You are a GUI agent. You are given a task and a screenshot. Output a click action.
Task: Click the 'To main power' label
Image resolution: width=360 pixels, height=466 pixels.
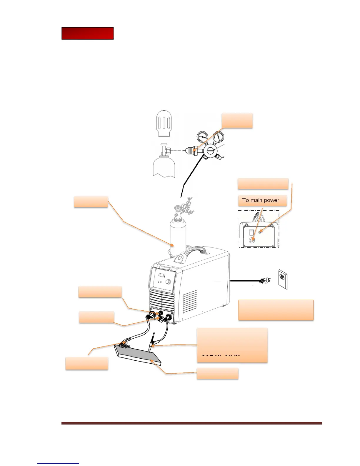point(261,200)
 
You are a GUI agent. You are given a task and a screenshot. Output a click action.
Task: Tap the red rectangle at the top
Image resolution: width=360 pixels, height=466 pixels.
point(87,34)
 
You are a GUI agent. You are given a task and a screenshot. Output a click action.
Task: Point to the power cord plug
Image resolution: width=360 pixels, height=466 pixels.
point(264,281)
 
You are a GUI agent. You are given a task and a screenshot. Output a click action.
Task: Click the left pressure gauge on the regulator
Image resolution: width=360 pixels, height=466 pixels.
point(202,137)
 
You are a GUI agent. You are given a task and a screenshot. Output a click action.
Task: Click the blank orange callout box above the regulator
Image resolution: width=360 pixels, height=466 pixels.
point(237,120)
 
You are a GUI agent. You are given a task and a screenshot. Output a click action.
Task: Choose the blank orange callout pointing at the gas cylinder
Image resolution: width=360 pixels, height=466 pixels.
point(91,202)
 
